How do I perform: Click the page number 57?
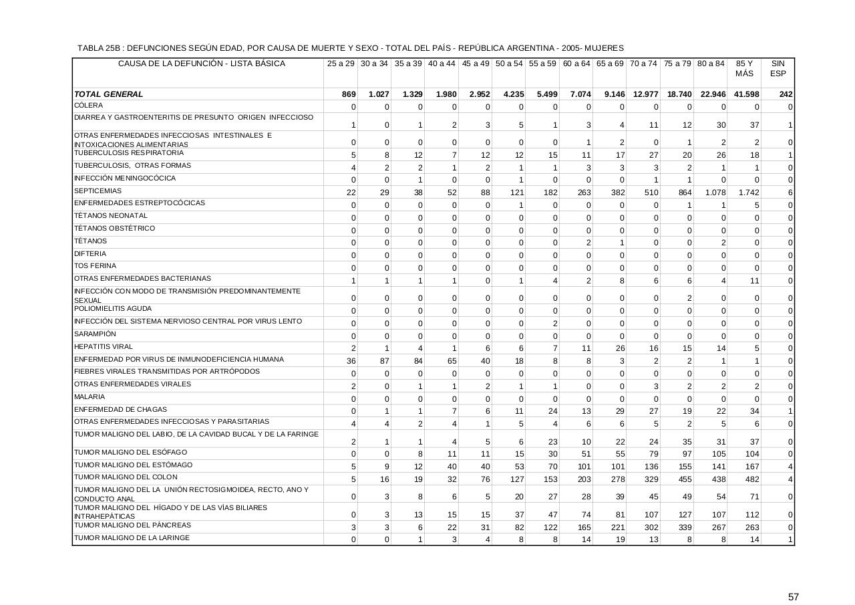tap(793, 597)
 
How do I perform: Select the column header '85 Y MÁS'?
tap(743, 69)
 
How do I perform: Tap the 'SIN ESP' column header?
tap(778, 69)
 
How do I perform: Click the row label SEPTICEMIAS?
tap(98, 191)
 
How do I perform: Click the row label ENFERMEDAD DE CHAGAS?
tap(111, 410)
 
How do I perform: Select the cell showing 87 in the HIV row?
tap(383, 362)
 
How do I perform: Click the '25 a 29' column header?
tap(341, 64)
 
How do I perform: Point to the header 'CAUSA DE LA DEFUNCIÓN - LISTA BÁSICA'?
tap(202, 64)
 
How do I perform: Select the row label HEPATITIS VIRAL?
tap(104, 347)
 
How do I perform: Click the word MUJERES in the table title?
tap(603, 48)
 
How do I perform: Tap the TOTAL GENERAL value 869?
tap(348, 94)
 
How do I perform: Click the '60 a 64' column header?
tap(576, 64)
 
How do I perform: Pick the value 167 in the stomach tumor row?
tap(752, 467)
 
